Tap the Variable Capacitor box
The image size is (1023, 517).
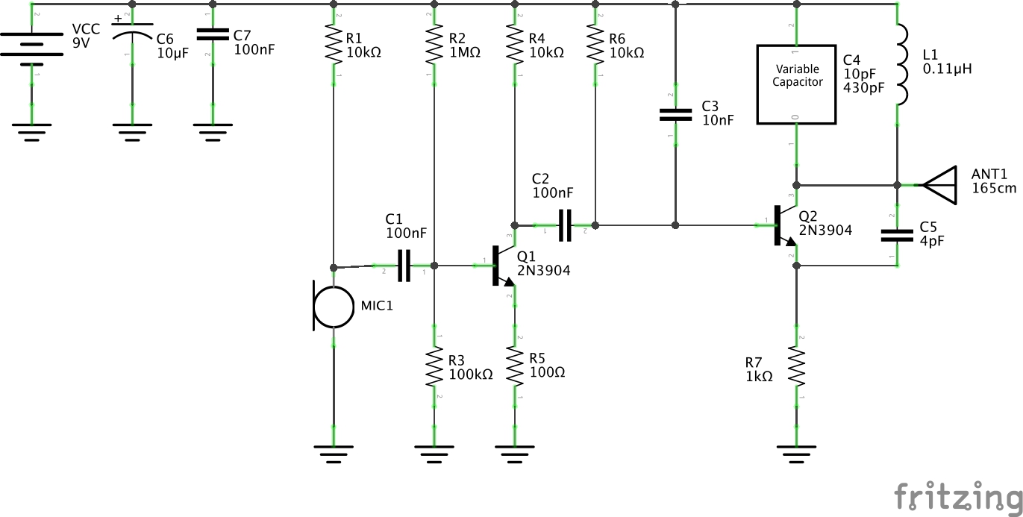coord(796,84)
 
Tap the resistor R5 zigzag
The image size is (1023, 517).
coord(514,366)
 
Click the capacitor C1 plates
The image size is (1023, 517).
coord(404,266)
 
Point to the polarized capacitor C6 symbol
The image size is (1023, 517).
coord(132,35)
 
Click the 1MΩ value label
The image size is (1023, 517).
coord(464,53)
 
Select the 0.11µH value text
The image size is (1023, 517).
coord(947,69)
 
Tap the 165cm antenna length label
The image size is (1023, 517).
coord(994,188)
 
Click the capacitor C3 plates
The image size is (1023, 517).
coord(675,115)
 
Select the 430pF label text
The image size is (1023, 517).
coord(863,87)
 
